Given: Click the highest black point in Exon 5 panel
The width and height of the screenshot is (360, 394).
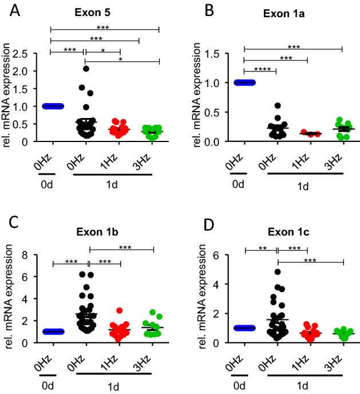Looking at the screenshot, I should (85, 69).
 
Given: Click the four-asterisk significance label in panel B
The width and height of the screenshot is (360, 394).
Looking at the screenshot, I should (260, 68).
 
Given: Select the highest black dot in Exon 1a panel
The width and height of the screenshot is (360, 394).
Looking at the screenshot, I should (261, 105).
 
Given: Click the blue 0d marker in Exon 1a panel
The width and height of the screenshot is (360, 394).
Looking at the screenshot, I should (244, 82).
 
